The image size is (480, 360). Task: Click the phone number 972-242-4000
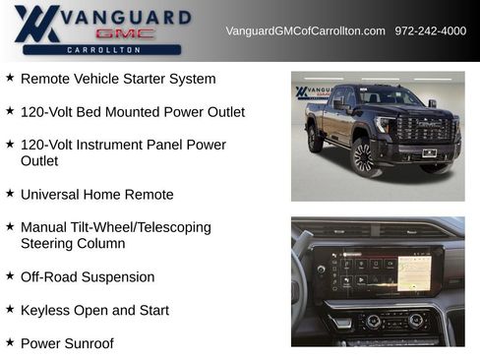(430, 30)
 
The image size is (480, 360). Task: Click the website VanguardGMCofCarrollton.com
(305, 30)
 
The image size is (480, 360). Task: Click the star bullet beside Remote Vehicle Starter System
(10, 78)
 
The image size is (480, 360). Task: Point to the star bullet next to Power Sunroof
(10, 343)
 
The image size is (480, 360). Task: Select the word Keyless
(45, 310)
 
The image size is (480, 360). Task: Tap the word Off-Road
(48, 276)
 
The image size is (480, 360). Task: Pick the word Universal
(49, 195)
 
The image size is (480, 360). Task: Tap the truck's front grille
(423, 130)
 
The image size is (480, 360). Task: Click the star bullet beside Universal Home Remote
(10, 195)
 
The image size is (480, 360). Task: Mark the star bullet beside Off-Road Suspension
(10, 276)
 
